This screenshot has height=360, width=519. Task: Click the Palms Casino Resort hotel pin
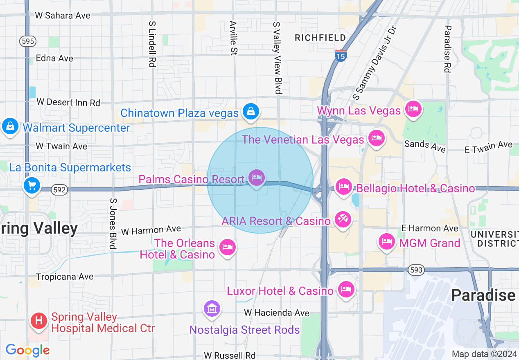(x=257, y=178)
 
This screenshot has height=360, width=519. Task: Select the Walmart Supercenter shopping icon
(x=10, y=126)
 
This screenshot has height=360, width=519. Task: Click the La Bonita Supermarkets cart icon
(x=32, y=185)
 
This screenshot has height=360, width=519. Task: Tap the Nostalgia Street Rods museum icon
(x=212, y=308)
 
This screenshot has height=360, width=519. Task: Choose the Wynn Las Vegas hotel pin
(x=413, y=109)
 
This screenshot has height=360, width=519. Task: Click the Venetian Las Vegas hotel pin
(x=376, y=138)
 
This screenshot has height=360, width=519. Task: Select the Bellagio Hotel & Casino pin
(x=344, y=187)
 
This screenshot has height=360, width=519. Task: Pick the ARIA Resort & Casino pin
(x=343, y=220)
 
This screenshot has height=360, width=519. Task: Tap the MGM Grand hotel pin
(x=387, y=241)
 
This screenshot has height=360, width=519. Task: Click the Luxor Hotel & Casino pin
(x=346, y=289)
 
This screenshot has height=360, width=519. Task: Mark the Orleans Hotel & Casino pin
(x=227, y=247)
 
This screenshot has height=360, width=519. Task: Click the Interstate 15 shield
(x=340, y=55)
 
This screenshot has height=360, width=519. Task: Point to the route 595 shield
(x=27, y=41)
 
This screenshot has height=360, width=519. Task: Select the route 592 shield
(x=59, y=190)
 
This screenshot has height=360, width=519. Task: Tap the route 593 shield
(x=416, y=270)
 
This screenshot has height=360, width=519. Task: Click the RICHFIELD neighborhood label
(x=320, y=38)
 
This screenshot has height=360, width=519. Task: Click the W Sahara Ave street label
(x=63, y=16)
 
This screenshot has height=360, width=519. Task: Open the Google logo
(x=27, y=350)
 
